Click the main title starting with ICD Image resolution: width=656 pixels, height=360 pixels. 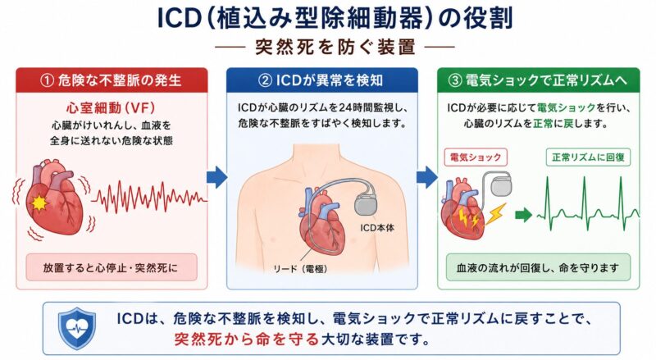335,18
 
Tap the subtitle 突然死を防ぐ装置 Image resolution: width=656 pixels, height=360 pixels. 335,47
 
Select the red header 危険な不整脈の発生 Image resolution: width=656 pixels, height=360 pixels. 112,80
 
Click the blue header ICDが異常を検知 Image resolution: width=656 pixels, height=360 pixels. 322,80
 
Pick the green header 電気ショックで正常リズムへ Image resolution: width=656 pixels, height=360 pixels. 539,80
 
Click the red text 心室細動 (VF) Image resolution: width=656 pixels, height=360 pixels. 112,108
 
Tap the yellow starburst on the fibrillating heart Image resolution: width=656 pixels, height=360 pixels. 39,203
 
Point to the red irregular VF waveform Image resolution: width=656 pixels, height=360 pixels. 149,196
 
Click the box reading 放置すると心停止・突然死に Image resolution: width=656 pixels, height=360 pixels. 112,267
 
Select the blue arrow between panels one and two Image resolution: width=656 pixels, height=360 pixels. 216,177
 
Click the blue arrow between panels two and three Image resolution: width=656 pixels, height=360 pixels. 427,177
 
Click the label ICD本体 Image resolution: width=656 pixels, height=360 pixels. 377,228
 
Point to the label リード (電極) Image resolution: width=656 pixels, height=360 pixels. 300,269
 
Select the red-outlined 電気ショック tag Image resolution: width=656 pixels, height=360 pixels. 476,157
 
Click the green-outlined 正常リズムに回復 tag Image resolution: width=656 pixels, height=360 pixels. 588,157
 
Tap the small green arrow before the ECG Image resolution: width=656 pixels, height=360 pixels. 523,215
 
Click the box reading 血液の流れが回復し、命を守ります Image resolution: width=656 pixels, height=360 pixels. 538,267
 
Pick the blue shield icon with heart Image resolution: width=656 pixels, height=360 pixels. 76,328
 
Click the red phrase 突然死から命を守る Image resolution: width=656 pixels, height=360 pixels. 247,338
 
